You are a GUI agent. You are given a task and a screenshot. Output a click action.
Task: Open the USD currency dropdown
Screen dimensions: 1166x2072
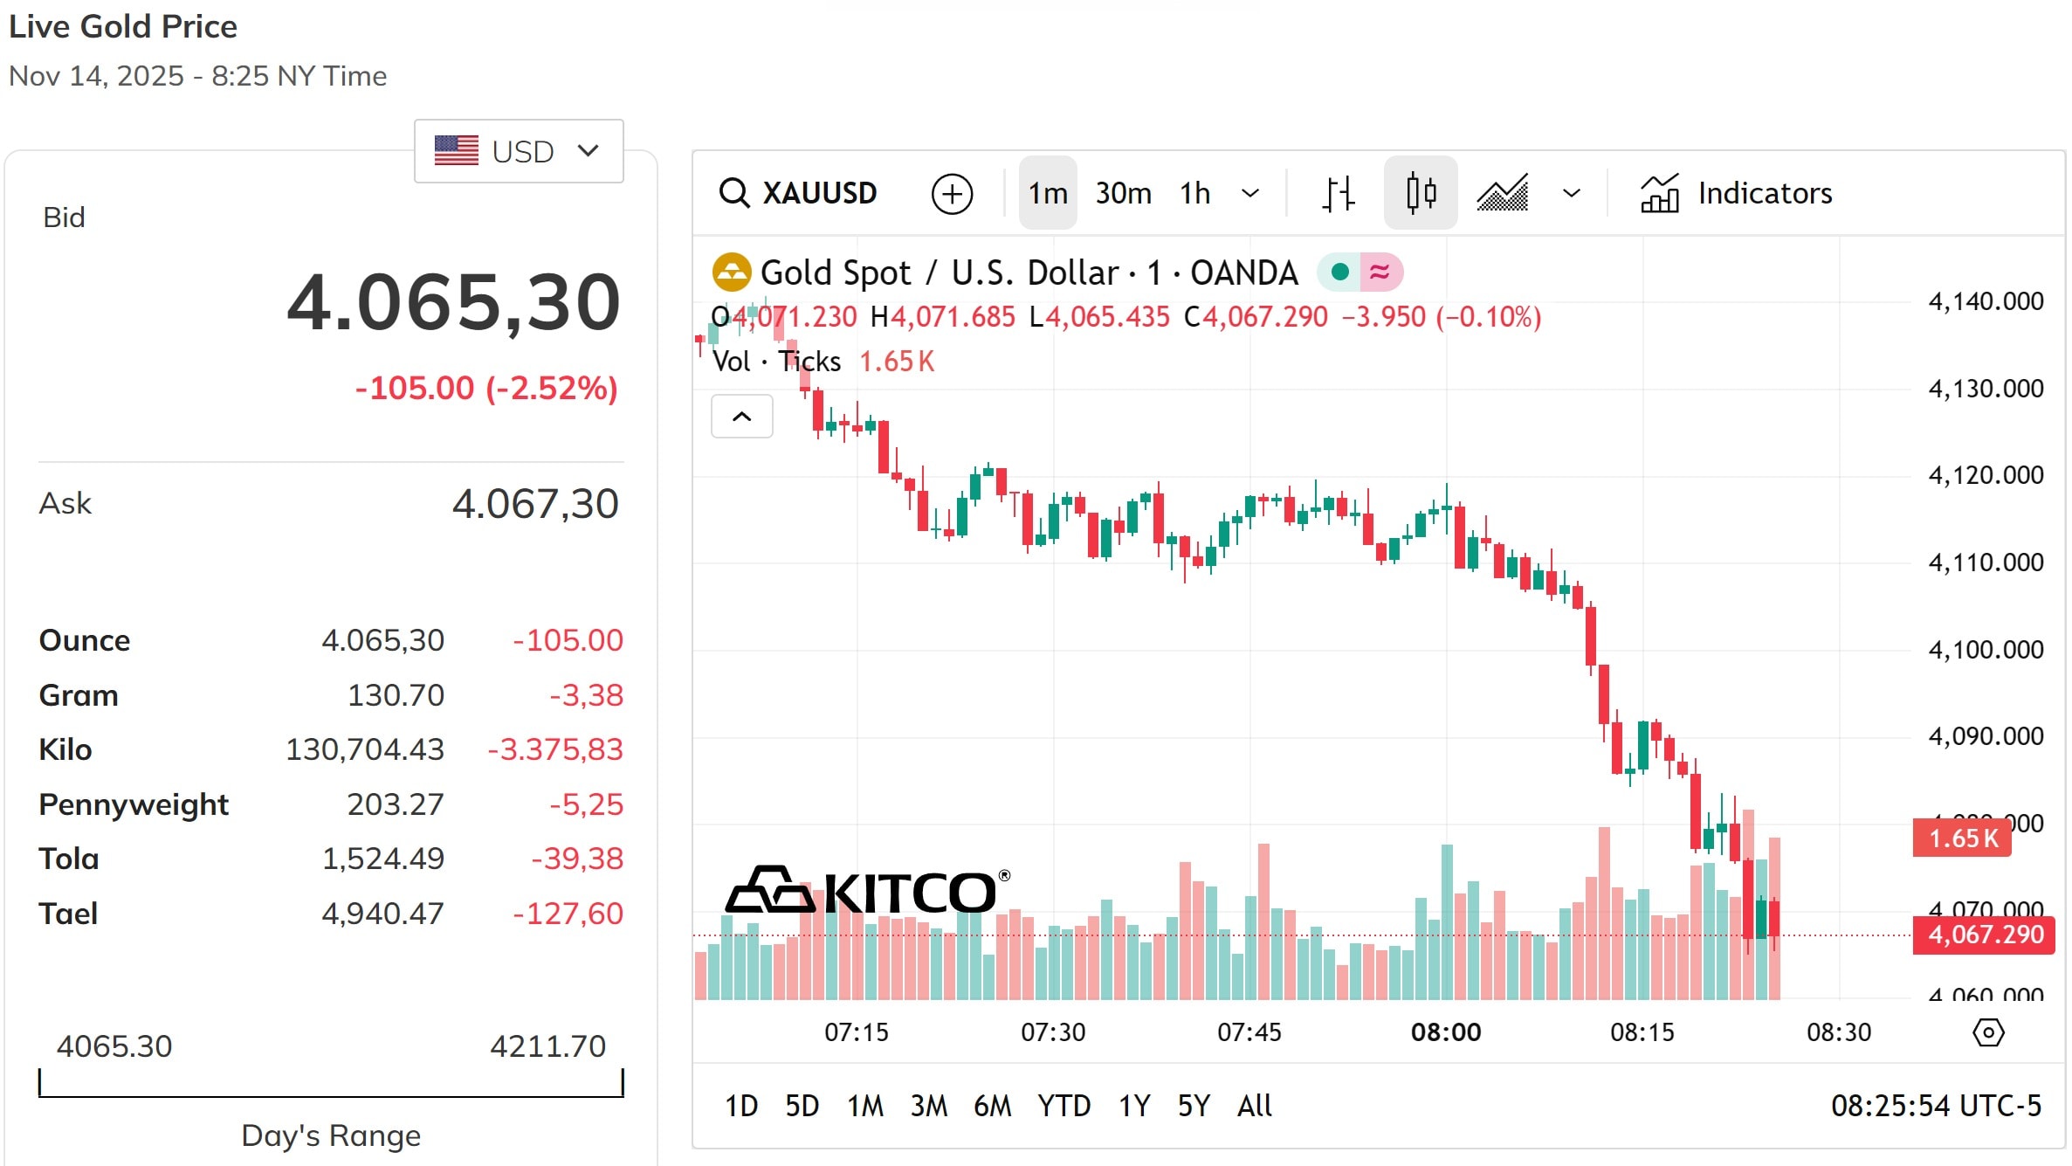click(x=519, y=151)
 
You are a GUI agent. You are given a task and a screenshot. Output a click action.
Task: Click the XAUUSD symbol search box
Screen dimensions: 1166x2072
click(x=798, y=193)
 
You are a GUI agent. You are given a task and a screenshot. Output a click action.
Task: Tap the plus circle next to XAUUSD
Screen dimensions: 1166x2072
click(x=952, y=194)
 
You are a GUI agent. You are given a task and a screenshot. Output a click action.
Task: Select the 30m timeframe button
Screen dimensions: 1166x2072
click(x=1123, y=193)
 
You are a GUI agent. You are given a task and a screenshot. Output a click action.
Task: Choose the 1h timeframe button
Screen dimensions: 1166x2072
click(x=1194, y=193)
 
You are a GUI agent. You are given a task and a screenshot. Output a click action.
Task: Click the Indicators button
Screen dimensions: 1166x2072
click(x=1737, y=193)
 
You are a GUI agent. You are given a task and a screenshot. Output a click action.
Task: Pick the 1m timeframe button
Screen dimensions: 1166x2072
click(x=1048, y=193)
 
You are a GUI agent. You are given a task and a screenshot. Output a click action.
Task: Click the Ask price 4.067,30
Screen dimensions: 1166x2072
click(x=534, y=504)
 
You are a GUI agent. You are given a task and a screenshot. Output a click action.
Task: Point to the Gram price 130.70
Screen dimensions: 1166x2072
click(x=396, y=695)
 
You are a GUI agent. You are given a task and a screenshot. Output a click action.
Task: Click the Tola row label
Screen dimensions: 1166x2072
click(x=69, y=859)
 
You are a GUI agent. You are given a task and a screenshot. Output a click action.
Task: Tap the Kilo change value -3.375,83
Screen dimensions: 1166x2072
click(x=555, y=749)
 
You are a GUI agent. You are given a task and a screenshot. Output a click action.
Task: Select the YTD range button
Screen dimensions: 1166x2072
click(x=1064, y=1106)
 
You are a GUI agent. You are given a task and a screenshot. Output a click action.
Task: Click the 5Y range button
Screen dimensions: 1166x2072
click(x=1194, y=1106)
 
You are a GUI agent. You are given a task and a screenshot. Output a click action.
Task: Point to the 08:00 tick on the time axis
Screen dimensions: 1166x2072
click(x=1446, y=1032)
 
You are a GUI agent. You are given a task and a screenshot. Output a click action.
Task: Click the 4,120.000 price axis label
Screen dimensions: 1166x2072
click(x=1986, y=475)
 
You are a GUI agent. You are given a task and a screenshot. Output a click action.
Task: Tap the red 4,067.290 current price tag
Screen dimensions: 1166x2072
click(x=1984, y=935)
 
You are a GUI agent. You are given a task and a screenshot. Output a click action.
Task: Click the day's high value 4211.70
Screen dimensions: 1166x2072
click(x=547, y=1046)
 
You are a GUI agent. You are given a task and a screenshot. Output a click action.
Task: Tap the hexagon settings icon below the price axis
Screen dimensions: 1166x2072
click(x=1988, y=1032)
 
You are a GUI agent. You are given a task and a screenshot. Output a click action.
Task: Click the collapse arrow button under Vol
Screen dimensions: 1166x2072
click(x=741, y=417)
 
